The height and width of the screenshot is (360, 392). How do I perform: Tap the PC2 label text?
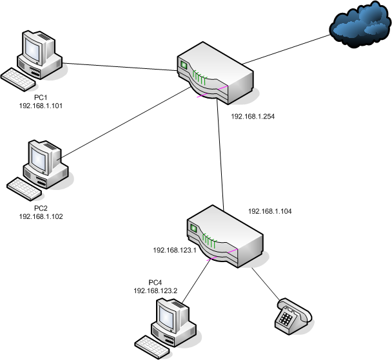coord(41,208)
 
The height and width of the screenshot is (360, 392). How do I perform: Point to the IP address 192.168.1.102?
coord(41,216)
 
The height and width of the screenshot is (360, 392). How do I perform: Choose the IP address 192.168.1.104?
coord(270,211)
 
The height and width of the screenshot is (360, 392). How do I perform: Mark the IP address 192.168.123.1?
coord(174,249)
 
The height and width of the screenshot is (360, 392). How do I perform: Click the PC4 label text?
coord(155,283)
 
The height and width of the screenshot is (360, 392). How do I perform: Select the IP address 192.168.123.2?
coord(155,291)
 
